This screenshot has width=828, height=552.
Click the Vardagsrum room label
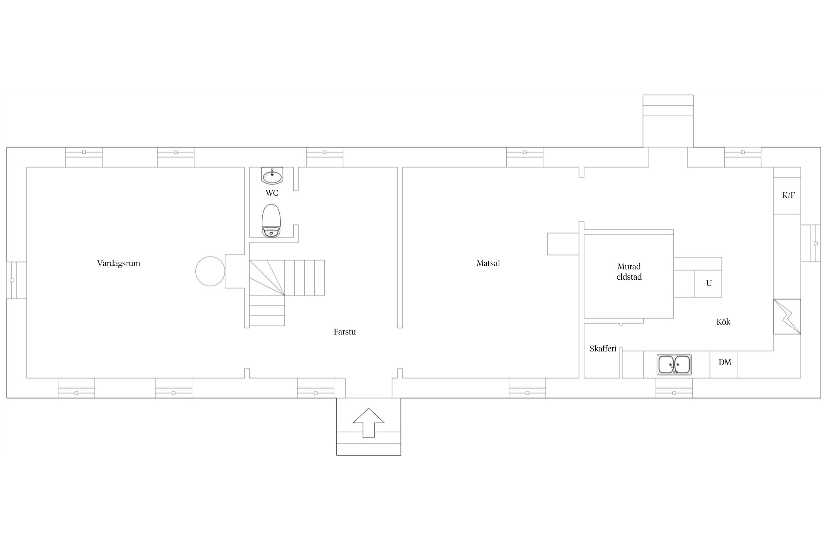click(x=118, y=263)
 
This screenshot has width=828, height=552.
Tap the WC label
click(x=272, y=193)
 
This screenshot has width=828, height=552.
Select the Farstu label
click(x=344, y=332)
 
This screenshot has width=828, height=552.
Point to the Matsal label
click(x=488, y=263)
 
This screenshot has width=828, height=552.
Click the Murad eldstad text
click(x=629, y=272)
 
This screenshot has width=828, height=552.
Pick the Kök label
click(x=723, y=322)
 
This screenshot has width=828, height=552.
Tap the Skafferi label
click(x=603, y=348)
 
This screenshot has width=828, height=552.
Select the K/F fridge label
click(x=788, y=195)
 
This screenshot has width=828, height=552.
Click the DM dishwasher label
click(x=725, y=362)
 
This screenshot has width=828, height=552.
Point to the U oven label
click(x=708, y=283)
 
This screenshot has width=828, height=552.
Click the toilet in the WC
click(x=272, y=220)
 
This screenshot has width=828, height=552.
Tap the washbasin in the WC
click(x=272, y=175)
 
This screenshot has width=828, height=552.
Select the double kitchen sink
click(x=674, y=364)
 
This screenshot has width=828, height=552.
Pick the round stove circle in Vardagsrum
click(x=210, y=271)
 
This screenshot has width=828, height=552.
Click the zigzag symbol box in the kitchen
click(x=787, y=316)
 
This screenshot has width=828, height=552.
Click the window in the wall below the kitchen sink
click(x=674, y=388)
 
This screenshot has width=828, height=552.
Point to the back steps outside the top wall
click(x=668, y=121)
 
